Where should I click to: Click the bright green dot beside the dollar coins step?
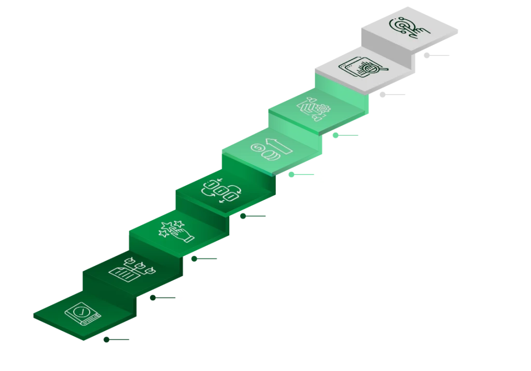pyautogui.click(x=291, y=175)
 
